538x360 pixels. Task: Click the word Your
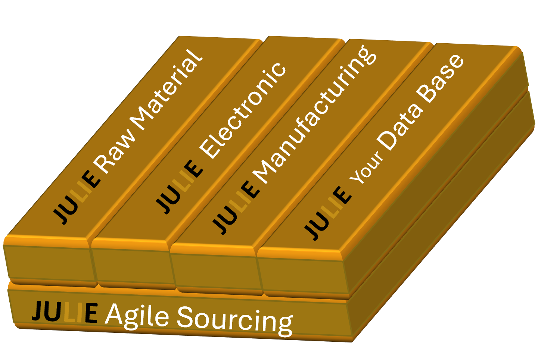[367, 168]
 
